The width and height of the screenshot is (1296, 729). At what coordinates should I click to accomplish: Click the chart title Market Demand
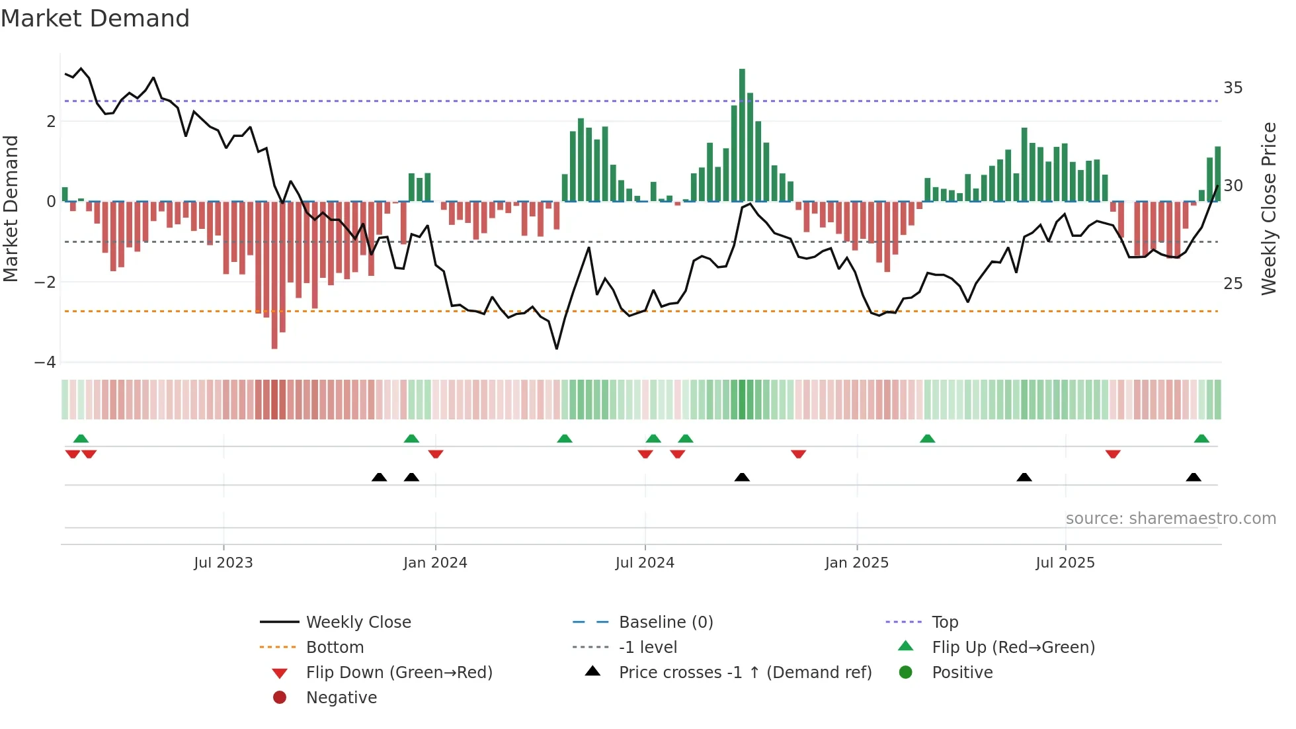(x=95, y=19)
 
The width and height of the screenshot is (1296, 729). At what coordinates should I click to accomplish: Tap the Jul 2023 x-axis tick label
(x=223, y=563)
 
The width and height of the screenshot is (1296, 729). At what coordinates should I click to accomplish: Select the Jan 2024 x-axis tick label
(x=435, y=563)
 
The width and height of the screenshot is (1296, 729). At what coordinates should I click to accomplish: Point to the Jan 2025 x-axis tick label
(x=856, y=563)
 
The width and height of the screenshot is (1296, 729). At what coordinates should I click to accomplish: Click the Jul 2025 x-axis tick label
(x=1065, y=563)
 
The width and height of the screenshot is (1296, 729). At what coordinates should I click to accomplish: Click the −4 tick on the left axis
(x=45, y=363)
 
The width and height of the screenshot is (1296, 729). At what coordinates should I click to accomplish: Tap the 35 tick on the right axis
(x=1233, y=88)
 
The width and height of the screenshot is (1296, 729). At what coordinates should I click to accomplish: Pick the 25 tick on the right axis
(x=1233, y=284)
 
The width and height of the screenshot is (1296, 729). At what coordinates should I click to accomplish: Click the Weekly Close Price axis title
(x=1268, y=208)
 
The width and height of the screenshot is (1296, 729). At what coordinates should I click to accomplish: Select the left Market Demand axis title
(x=11, y=208)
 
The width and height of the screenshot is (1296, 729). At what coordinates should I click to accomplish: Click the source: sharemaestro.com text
(x=1170, y=519)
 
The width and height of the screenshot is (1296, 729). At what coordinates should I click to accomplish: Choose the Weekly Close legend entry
(x=358, y=622)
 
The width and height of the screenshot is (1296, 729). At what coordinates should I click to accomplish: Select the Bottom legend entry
(x=335, y=648)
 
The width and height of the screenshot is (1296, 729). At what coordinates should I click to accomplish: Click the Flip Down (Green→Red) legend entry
(x=399, y=673)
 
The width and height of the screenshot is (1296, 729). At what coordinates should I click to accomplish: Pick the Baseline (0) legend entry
(x=665, y=622)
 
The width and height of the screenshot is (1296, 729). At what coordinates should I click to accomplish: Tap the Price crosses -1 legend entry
(x=745, y=673)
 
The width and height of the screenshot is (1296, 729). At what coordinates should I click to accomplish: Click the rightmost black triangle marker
(x=1194, y=478)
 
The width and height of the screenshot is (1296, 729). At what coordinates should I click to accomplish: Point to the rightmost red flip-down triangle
(x=1113, y=454)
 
